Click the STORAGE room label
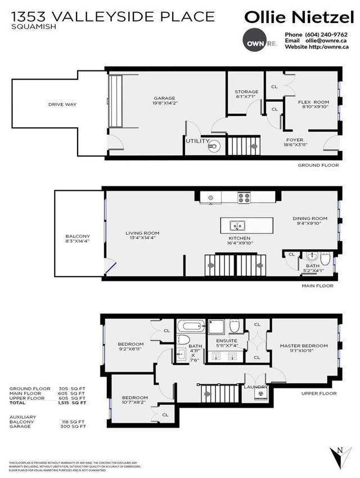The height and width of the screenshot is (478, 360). click(246, 92)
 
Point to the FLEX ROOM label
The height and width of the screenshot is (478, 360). click(313, 102)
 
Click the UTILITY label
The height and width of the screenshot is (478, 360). click(197, 141)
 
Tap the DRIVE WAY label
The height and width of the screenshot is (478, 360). click(62, 104)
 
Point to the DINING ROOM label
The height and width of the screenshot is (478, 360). click(309, 218)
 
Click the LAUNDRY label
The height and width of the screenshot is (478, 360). click(255, 387)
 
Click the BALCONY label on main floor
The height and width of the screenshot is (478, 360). click(79, 236)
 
